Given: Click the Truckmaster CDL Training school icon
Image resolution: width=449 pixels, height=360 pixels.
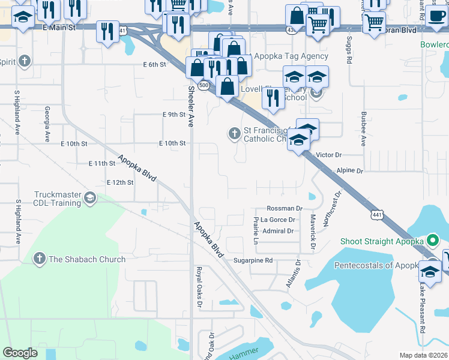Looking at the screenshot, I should [89, 198].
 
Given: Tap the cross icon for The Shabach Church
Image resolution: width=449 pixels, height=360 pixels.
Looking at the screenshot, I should [40, 259].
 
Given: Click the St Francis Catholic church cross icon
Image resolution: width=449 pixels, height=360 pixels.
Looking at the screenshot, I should [234, 134].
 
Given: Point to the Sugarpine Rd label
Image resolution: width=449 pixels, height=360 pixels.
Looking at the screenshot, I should [253, 260].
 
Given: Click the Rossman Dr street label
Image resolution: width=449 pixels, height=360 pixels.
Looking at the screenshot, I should [284, 208].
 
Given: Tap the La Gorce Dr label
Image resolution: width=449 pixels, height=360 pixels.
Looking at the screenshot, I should [277, 220].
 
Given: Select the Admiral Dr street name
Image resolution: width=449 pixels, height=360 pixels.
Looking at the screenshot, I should [278, 231].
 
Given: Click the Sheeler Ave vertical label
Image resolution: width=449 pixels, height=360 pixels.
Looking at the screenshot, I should [191, 106].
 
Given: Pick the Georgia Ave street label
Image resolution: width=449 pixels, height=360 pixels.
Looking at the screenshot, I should [47, 124].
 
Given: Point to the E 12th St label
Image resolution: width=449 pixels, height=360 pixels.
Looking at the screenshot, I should [119, 182].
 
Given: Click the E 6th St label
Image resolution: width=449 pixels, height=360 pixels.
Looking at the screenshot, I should [154, 64].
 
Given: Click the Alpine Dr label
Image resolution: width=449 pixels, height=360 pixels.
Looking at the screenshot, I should [350, 171].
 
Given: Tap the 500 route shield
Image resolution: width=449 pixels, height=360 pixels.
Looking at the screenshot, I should [205, 86].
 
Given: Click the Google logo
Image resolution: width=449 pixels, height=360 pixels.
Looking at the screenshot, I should [20, 353].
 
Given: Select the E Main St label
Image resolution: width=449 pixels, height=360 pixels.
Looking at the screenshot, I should [58, 27].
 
